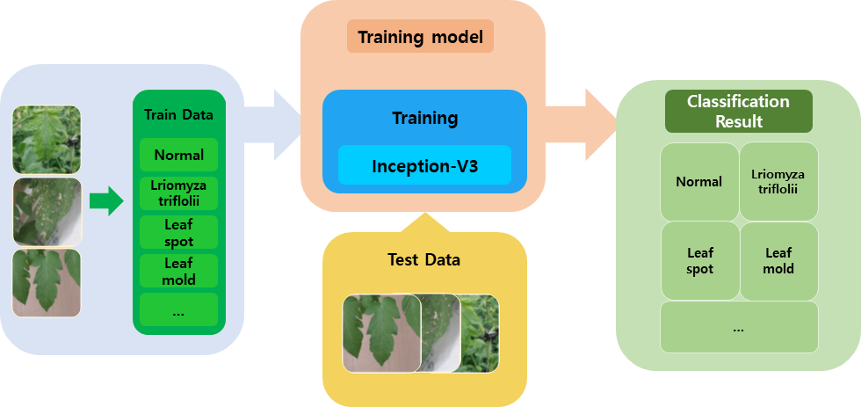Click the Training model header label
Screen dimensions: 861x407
tap(420, 37)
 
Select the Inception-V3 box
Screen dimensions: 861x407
tap(424, 165)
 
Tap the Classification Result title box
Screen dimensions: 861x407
tap(739, 111)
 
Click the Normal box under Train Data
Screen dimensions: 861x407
tap(178, 155)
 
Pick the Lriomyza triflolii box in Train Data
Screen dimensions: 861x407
tap(178, 193)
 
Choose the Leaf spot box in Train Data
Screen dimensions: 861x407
tap(178, 232)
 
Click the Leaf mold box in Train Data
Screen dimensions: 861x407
tap(178, 271)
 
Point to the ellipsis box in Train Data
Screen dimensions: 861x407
tap(178, 309)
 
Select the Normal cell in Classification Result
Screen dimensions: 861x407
tap(699, 182)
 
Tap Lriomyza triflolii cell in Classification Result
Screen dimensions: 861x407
tap(778, 182)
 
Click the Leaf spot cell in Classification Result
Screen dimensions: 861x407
tap(699, 261)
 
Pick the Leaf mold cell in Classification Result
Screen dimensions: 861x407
tap(778, 261)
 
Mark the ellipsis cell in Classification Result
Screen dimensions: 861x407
tap(739, 327)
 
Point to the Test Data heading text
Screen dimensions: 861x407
tap(423, 259)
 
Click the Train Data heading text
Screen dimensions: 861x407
tap(178, 115)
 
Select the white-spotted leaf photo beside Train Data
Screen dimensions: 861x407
tap(47, 212)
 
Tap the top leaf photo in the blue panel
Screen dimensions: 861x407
tap(47, 140)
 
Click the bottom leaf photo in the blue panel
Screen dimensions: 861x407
tap(47, 283)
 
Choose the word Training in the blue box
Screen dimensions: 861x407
tap(424, 118)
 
